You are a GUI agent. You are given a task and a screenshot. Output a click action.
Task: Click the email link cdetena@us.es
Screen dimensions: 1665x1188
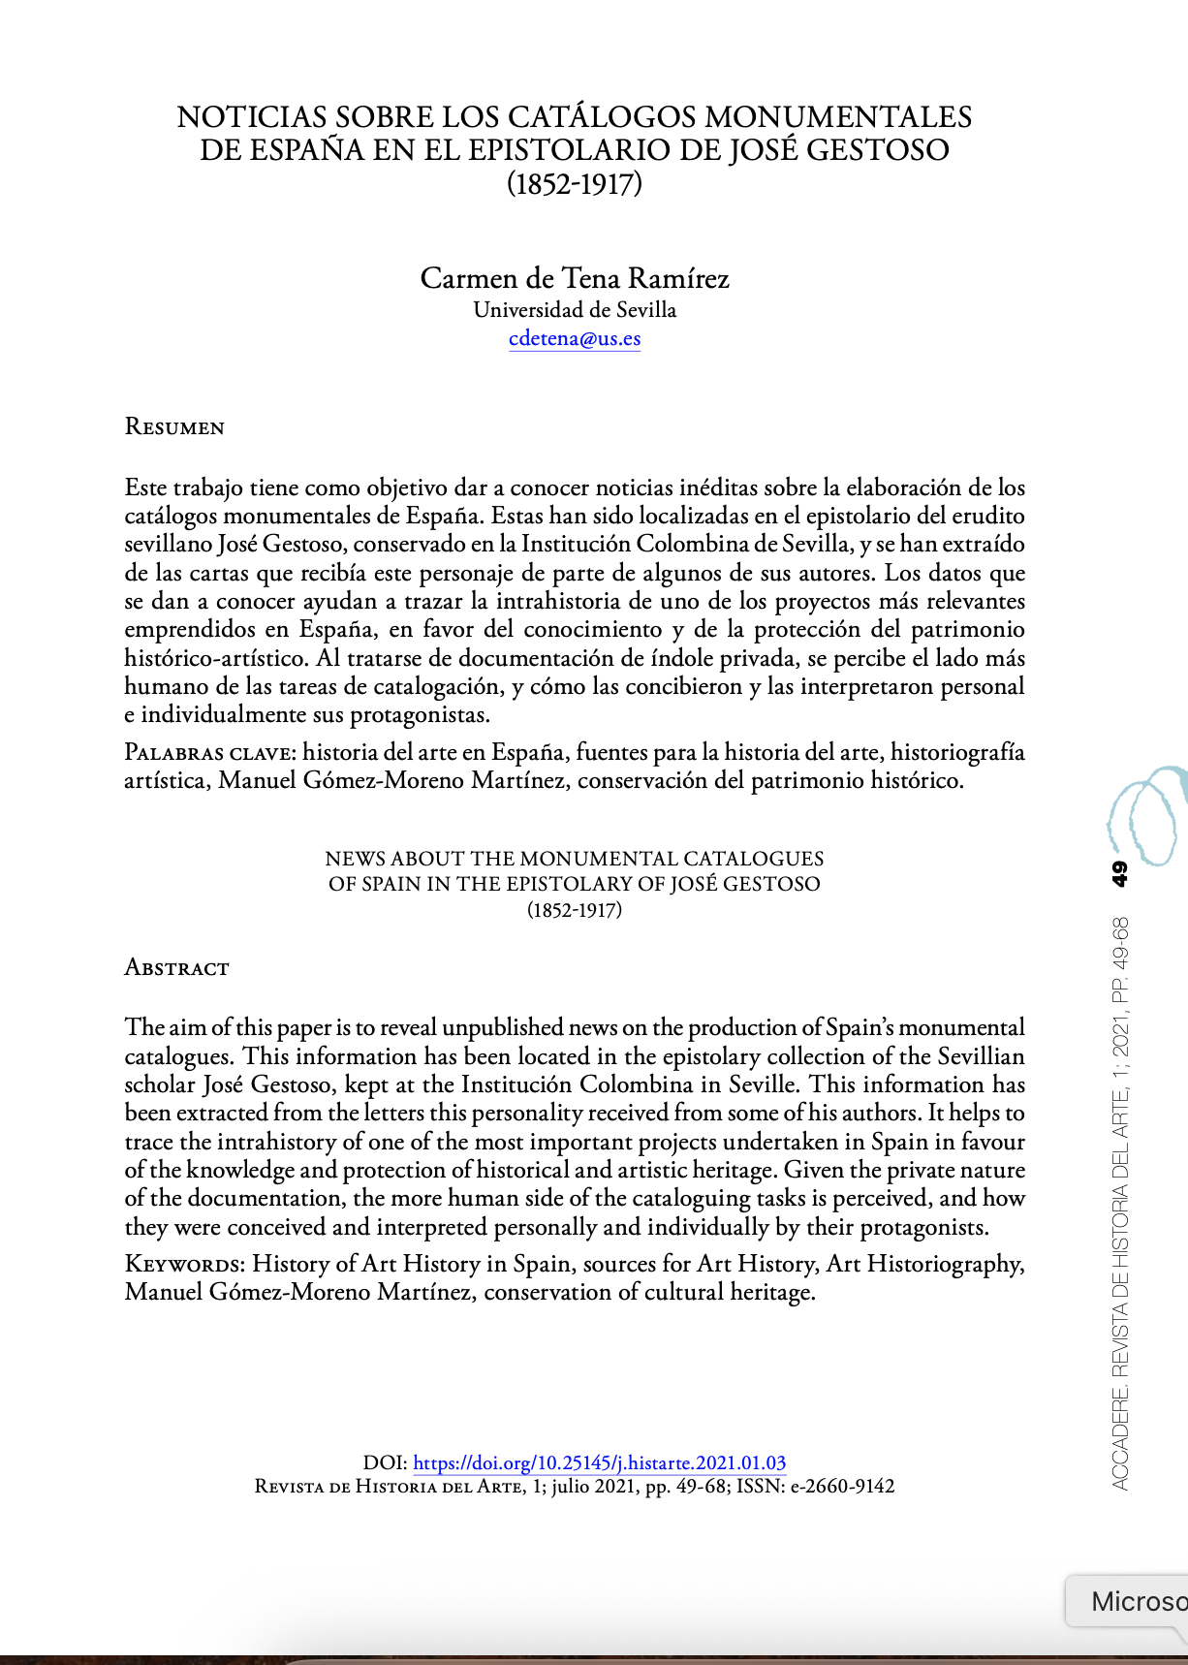click(x=575, y=338)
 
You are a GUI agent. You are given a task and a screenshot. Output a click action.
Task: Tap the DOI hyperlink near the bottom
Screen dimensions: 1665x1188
click(x=599, y=1462)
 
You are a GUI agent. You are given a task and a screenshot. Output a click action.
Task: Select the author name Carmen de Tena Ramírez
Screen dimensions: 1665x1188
click(x=575, y=278)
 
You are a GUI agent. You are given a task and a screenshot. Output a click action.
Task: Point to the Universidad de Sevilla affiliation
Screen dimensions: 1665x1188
click(x=575, y=310)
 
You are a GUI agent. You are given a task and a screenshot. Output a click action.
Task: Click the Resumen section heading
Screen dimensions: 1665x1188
click(x=174, y=427)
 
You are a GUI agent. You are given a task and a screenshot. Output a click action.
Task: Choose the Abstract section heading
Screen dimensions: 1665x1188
click(x=176, y=967)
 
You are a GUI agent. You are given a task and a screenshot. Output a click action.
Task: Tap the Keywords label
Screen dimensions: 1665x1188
click(x=185, y=1264)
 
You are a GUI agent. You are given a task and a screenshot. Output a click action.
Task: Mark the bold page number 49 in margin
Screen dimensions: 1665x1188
click(x=1119, y=873)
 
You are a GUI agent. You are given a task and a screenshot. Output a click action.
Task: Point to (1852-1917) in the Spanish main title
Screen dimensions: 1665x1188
click(x=575, y=183)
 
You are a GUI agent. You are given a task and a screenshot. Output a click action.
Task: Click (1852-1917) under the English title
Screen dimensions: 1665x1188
click(x=575, y=910)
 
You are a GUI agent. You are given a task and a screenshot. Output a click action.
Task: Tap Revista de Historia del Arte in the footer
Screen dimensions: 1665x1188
click(x=389, y=1487)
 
